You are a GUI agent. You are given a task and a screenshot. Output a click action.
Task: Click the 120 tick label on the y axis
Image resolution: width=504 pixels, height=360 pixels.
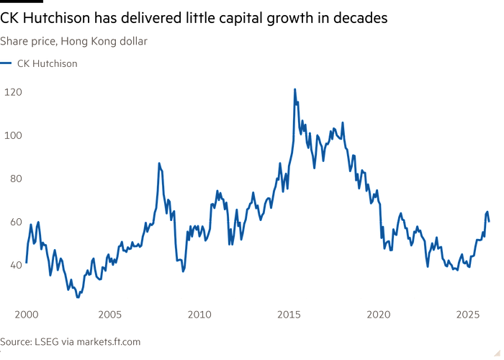point(14,91)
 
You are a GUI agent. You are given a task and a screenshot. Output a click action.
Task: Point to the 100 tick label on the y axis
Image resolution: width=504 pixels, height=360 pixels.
point(14,135)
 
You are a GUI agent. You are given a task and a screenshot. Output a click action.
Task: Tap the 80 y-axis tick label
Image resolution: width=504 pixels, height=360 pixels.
point(14,178)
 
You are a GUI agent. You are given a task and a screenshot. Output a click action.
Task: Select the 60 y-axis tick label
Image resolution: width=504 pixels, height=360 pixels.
point(14,221)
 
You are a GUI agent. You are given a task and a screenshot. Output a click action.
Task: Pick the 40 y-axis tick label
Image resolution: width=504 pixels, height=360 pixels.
point(14,264)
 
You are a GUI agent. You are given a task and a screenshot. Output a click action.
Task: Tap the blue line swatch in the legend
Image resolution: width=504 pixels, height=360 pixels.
point(7,63)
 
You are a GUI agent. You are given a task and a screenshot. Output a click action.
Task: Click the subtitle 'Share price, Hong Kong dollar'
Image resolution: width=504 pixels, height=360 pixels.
point(74,42)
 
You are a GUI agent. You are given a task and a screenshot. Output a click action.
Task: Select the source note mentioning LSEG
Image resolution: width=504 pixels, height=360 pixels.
point(71,341)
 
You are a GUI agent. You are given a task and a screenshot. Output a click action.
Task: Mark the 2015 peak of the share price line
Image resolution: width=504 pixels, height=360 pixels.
point(295,89)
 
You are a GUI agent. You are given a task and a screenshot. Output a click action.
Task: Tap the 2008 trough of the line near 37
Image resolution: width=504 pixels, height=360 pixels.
point(184,270)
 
